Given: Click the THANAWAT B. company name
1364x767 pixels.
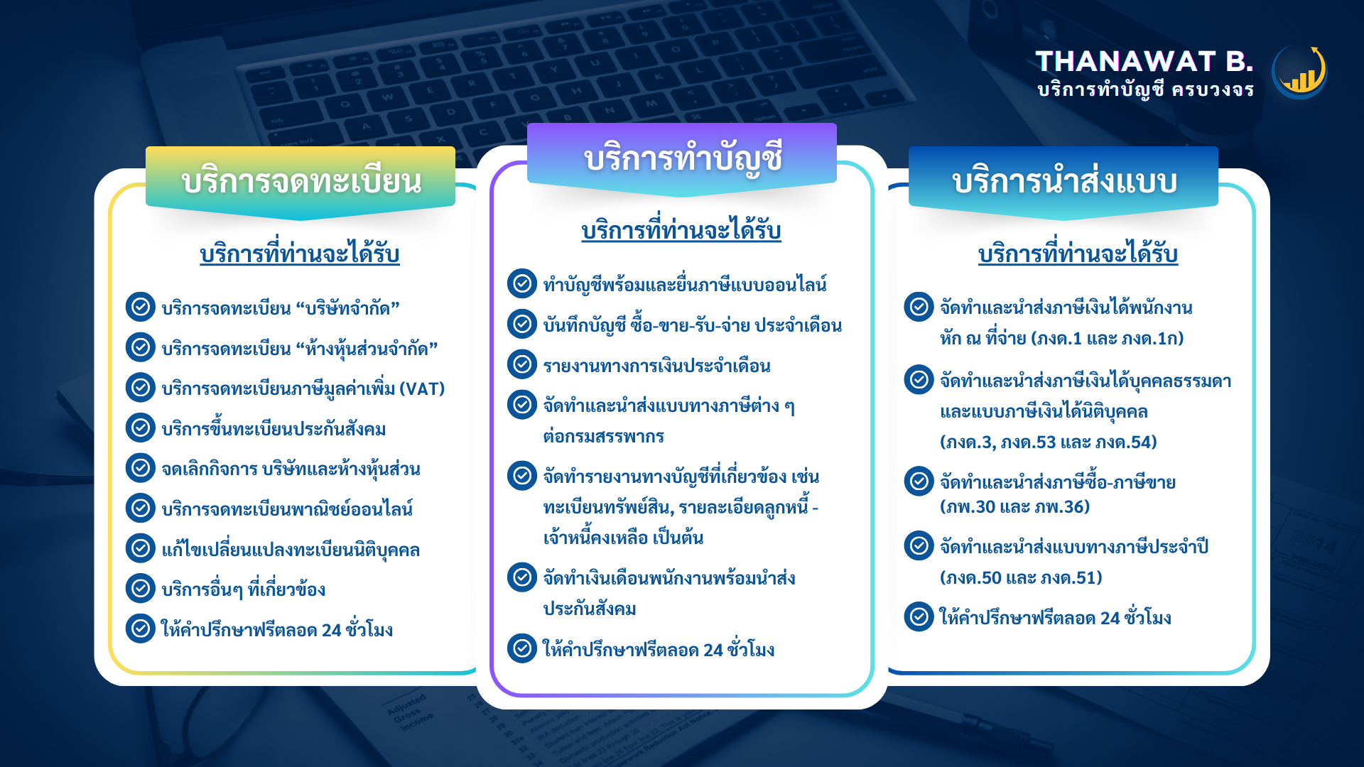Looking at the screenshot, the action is pos(1144,62).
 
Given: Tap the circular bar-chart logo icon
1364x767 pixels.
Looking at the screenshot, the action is pos(1299,72).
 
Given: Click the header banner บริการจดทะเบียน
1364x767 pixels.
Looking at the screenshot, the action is pos(301,182).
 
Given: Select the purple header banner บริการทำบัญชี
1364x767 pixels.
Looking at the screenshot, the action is pos(682,158).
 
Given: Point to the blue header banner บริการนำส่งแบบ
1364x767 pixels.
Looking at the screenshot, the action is pos(1063,182).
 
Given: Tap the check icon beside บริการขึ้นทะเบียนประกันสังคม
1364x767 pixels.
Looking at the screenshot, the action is pos(141,428).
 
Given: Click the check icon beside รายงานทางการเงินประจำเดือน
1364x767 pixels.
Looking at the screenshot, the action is pos(522,364).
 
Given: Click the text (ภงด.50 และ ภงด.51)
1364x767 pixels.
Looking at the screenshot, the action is pos(1021,577).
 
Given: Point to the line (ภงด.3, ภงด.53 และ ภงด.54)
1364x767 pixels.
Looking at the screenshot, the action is pos(1048,442).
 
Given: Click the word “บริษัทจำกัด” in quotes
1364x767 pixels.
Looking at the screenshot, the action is pos(348,308).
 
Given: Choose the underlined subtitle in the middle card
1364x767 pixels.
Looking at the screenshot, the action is pos(681,230).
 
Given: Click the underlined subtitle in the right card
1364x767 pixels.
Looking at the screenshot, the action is pos(1078,254).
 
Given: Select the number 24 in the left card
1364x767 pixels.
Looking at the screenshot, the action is pos(331,631).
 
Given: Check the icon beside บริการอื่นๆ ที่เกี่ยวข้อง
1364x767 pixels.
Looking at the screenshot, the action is pos(141,588).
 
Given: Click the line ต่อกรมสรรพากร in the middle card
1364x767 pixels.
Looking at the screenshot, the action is pos(604,436).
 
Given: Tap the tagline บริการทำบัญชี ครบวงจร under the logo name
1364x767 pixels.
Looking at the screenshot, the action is pos(1145,90).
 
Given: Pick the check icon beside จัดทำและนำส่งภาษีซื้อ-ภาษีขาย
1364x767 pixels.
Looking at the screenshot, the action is pos(919,481).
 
